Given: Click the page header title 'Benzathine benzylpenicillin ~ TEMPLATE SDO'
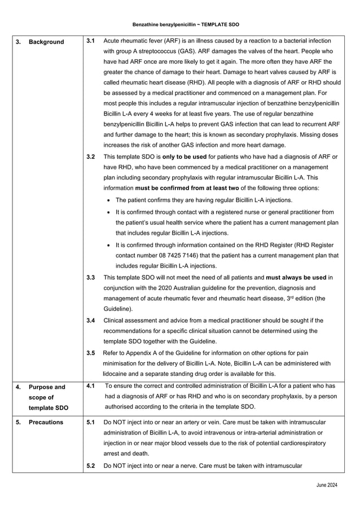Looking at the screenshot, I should click(x=180, y=25).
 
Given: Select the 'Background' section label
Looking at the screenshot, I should click(x=46, y=42).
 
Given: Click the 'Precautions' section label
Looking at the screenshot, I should click(x=46, y=422).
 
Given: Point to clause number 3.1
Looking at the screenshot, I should click(x=90, y=41).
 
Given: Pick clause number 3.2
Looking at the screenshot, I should click(x=90, y=156).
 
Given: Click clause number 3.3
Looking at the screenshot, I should click(x=90, y=278).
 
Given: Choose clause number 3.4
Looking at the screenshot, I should click(x=90, y=321).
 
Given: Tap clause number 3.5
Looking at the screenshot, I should click(x=90, y=353).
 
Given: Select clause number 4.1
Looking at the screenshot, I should click(x=90, y=386).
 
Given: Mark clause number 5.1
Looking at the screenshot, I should click(x=90, y=422).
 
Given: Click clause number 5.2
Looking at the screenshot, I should click(x=90, y=466).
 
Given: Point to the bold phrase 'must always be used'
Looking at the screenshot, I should click(x=296, y=278).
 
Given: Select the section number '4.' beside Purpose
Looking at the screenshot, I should click(x=19, y=387).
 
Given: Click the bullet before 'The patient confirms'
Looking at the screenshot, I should click(x=108, y=201).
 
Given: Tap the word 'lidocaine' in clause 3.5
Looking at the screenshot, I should click(x=116, y=374).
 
